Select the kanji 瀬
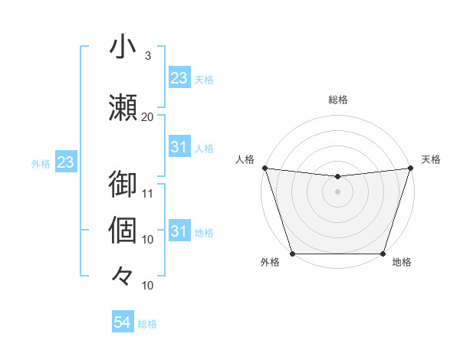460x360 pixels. [x=123, y=106]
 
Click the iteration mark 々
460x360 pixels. [x=123, y=275]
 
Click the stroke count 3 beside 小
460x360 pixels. [x=148, y=55]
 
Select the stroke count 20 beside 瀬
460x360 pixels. [x=148, y=116]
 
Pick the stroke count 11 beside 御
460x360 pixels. [x=148, y=193]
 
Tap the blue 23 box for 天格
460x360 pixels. [x=179, y=78]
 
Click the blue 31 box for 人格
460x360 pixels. [x=179, y=147]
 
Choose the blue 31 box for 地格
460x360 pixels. [x=179, y=231]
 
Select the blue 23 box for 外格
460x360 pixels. [x=65, y=162]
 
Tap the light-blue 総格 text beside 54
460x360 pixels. [x=147, y=324]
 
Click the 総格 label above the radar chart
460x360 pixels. [x=337, y=100]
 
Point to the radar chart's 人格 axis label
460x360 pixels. [x=245, y=159]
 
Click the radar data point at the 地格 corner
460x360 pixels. [x=383, y=254]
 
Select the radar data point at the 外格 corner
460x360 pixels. [x=292, y=254]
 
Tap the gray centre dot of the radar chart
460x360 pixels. [x=337, y=191]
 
